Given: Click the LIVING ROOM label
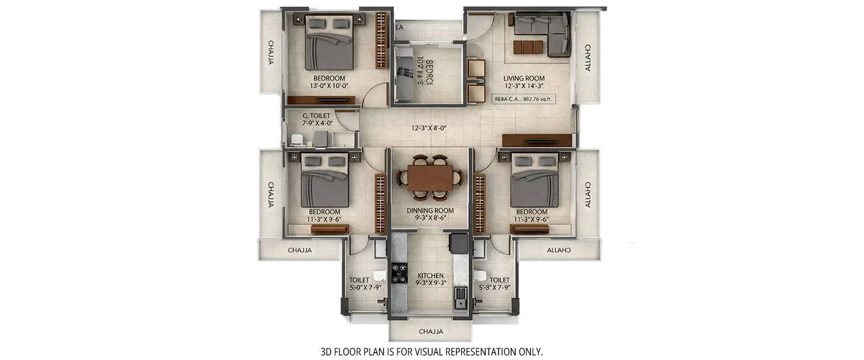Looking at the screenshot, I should pos(524,78).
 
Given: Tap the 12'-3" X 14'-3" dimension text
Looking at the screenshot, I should pos(524,86).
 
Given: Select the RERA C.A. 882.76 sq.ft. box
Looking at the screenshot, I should pos(524,99).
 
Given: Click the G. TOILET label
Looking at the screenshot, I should pos(316,116).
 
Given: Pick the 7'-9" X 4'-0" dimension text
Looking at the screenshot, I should pos(316,123).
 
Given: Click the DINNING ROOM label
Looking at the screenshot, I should pos(430,211).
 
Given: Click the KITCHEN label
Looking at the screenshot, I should pos(430,276).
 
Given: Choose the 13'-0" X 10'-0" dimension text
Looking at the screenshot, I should pos(329,86).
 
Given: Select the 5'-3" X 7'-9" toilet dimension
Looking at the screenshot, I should pos(495,287).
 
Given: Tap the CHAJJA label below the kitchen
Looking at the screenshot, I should pos(430,332).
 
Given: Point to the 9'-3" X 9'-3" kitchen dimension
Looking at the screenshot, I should pos(430,283).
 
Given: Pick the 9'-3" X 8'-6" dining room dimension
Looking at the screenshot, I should pos(430,218).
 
